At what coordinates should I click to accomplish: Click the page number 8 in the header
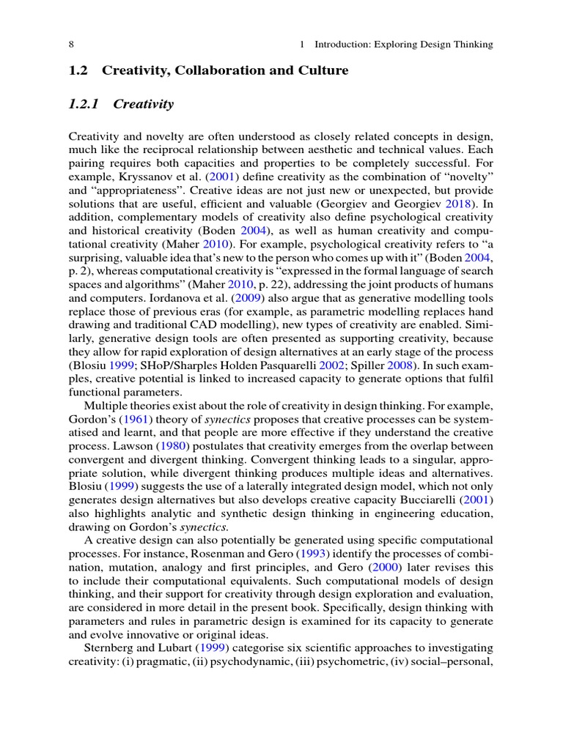click(70, 45)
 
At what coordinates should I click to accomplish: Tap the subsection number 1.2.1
click(84, 104)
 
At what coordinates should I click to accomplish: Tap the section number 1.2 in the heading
click(78, 70)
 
